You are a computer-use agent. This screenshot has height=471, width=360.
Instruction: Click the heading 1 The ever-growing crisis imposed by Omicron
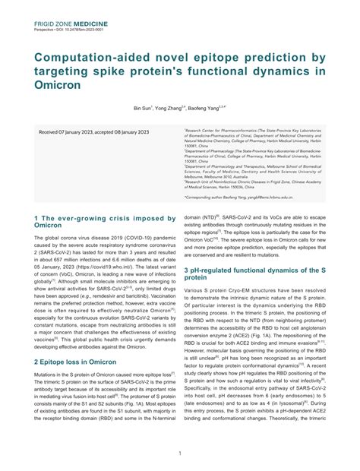105,221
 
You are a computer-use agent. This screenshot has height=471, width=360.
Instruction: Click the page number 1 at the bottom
179,454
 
